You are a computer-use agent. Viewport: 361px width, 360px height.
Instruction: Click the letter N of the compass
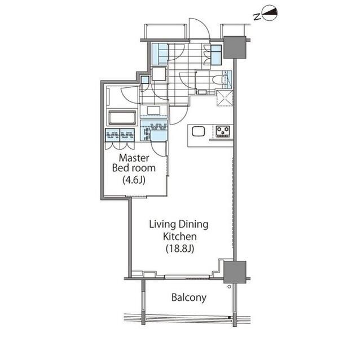257,16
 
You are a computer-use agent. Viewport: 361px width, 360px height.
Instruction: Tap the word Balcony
189,297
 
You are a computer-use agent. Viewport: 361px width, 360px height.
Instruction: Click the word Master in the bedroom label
134,158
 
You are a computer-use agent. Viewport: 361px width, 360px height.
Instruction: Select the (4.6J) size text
134,180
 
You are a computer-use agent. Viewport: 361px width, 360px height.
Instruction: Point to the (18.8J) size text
180,248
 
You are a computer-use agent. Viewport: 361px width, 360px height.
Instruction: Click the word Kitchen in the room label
180,237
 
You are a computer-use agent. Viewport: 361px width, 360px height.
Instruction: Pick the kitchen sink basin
198,132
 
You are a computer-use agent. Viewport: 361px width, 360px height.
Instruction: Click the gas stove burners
223,131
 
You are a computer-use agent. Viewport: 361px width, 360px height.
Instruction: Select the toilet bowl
217,80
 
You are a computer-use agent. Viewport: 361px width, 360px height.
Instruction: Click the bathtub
122,118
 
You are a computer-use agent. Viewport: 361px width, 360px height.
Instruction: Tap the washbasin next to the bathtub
153,110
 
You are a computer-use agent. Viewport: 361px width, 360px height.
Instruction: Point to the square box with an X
224,98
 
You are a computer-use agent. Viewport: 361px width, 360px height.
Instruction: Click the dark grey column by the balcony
235,272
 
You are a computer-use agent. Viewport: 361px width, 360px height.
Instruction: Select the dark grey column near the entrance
235,47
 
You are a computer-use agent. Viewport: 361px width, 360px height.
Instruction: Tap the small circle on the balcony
229,287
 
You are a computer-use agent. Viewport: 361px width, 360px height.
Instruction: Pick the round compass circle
270,13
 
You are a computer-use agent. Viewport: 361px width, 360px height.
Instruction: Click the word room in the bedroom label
144,168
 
